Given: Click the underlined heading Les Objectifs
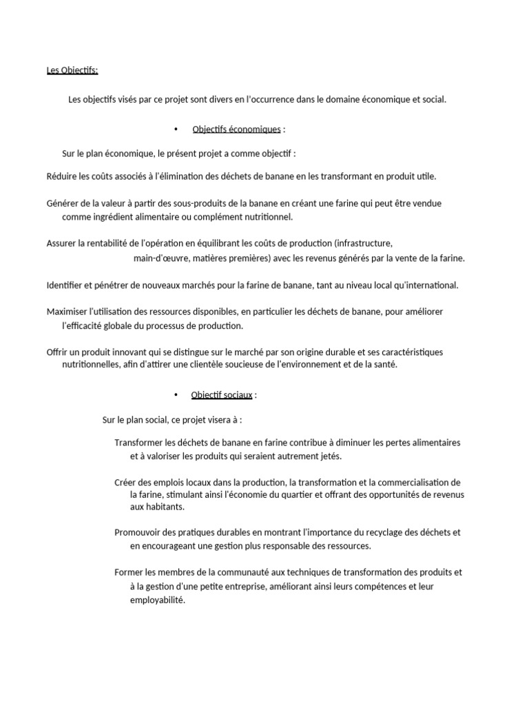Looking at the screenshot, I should click(72, 70).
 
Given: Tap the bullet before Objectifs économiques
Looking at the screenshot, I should click(176, 129).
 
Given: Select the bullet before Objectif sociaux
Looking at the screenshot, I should click(176, 394).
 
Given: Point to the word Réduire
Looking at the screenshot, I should click(61, 176).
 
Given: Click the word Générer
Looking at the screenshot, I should click(62, 203).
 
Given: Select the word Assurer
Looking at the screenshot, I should click(61, 243).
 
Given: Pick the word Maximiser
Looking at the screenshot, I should click(67, 311).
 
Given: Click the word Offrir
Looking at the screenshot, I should click(57, 352).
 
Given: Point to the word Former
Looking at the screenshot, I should click(128, 572).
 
